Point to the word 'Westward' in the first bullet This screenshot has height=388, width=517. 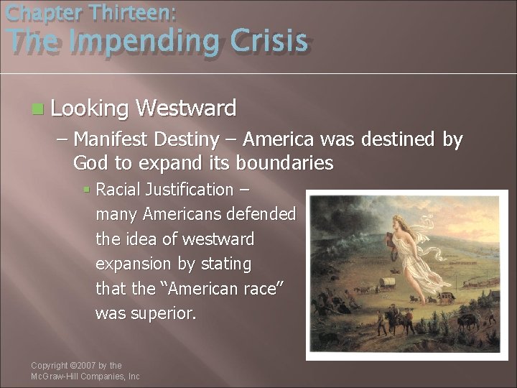coord(185,108)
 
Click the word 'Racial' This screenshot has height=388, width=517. coord(119,190)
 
